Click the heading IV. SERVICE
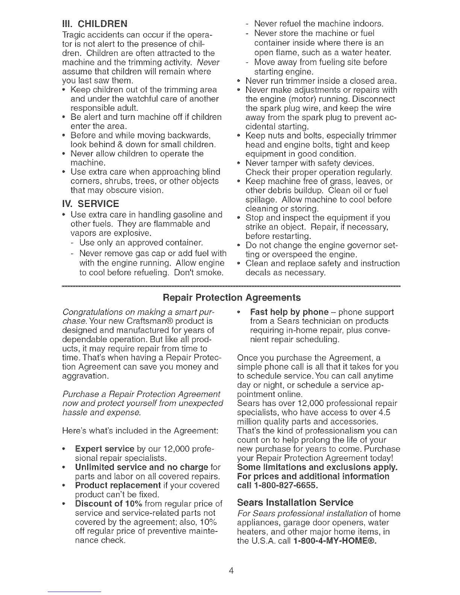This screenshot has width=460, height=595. pyautogui.click(x=90, y=204)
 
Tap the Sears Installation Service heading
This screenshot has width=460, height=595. pyautogui.click(x=295, y=503)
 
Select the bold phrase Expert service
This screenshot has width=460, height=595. pyautogui.click(x=104, y=449)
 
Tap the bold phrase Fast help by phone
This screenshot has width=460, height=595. pyautogui.click(x=289, y=312)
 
